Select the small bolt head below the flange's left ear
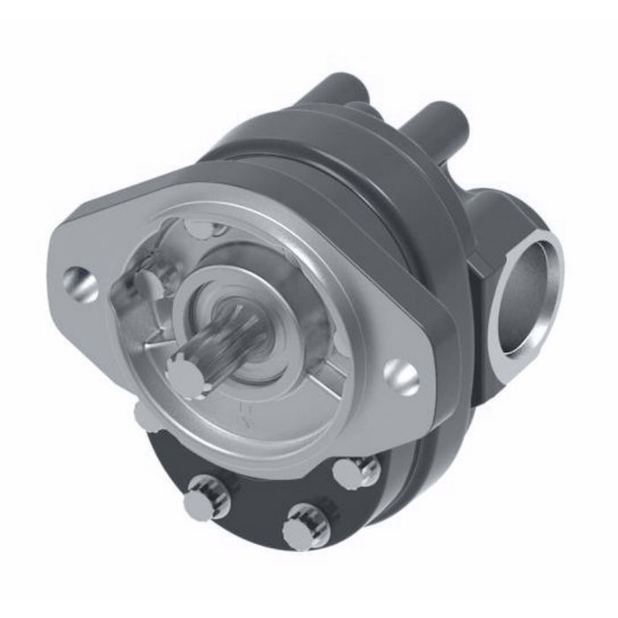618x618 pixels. (147, 415)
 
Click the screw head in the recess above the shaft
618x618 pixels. (202, 231)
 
